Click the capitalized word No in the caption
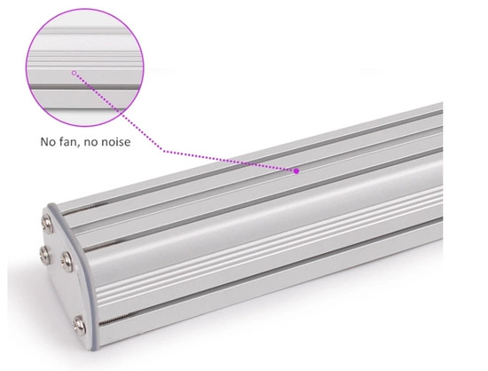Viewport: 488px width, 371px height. pyautogui.click(x=48, y=140)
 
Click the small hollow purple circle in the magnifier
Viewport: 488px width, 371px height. pyautogui.click(x=75, y=74)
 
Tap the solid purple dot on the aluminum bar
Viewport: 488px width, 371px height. pyautogui.click(x=297, y=170)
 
